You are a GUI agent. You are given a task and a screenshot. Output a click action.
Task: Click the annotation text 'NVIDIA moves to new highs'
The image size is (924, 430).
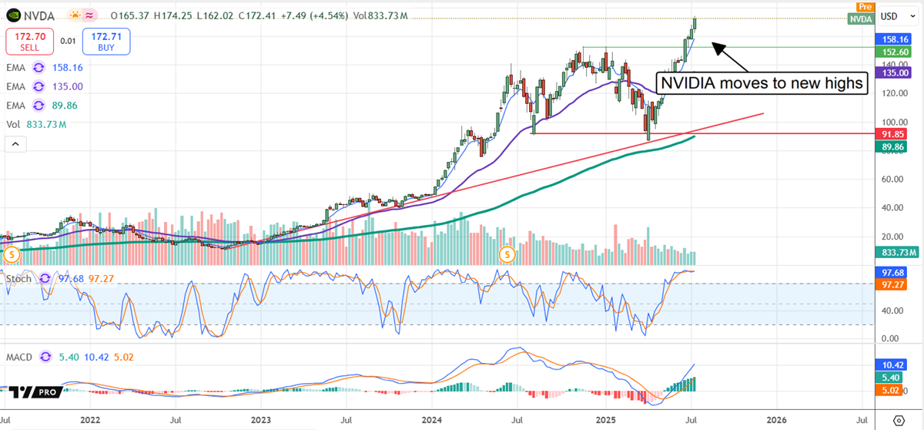(762, 83)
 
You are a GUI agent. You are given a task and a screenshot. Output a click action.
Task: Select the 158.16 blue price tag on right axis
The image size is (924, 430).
(896, 39)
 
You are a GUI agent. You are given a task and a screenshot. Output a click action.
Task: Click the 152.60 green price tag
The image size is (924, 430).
(896, 51)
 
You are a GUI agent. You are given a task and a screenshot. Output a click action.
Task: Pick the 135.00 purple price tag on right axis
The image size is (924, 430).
(896, 72)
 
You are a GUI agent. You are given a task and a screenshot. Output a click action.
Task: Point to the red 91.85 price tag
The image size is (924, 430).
(896, 133)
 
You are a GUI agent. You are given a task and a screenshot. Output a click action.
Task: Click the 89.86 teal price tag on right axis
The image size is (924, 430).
(896, 146)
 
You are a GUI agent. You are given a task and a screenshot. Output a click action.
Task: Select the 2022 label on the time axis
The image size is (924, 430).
(90, 421)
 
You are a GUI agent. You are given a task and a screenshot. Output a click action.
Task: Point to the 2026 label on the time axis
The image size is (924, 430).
(776, 421)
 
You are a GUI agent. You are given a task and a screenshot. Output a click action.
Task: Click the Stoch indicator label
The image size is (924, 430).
(19, 278)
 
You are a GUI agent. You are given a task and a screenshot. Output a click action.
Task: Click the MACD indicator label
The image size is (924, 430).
(21, 358)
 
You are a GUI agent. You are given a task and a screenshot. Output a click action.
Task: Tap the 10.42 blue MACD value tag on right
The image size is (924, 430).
(896, 364)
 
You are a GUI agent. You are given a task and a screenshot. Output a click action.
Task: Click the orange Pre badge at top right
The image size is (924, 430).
(864, 6)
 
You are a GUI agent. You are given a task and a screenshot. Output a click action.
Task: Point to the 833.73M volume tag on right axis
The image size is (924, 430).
(896, 252)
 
